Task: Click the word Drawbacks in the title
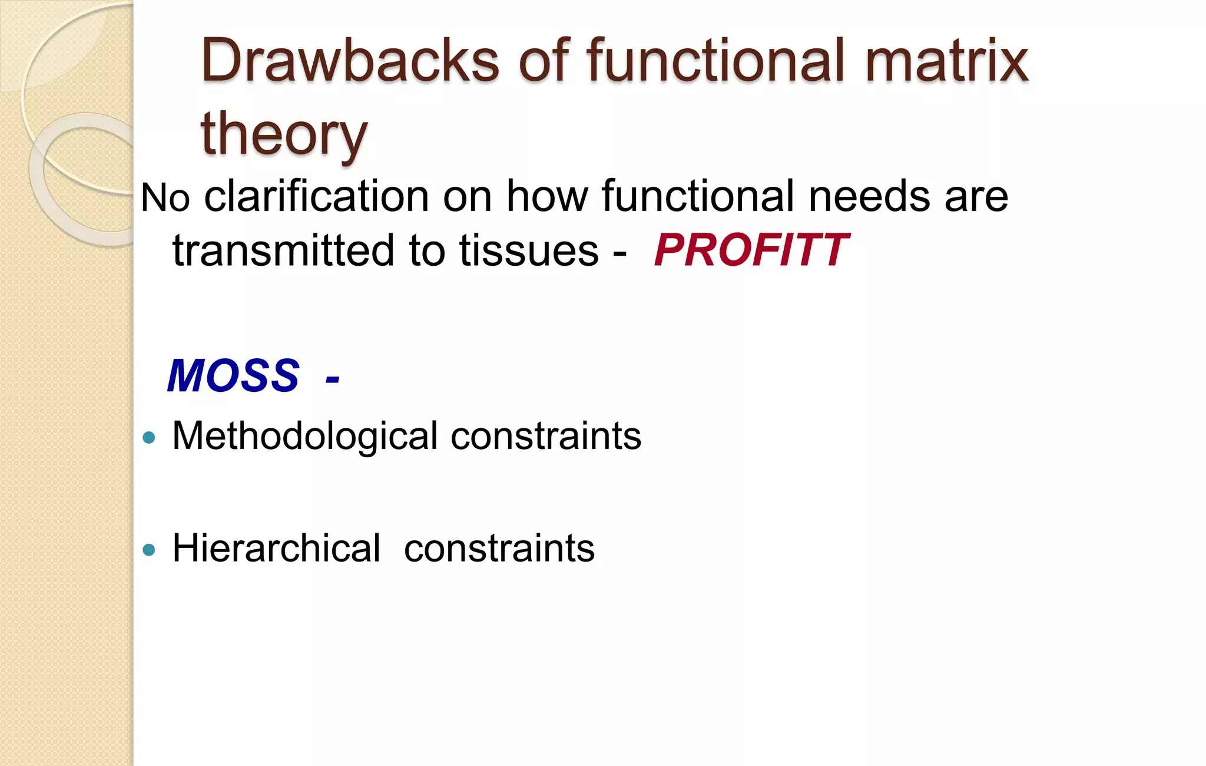coord(350,61)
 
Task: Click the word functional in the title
coord(716,61)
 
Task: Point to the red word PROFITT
coord(751,251)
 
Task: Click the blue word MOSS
coord(233,376)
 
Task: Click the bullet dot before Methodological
coord(149,438)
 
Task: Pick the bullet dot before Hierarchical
coord(149,550)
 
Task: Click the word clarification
coord(316,197)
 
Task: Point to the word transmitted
coord(283,251)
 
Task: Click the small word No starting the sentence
coord(165,198)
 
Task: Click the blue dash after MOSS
coord(332,378)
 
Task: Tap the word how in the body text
coord(547,197)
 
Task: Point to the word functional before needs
coord(698,197)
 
